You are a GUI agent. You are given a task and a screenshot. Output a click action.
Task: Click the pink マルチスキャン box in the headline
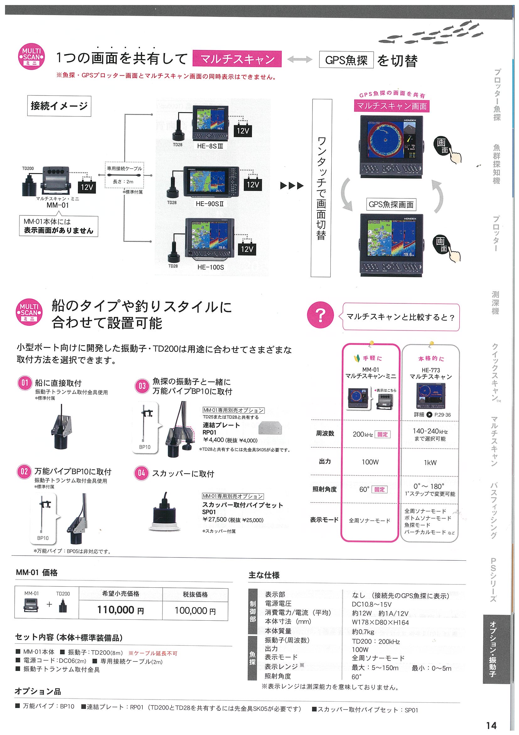coord(237,59)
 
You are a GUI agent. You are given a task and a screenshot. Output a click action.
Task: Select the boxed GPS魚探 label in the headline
coord(346,60)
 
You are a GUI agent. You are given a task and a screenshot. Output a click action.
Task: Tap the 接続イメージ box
coord(59,106)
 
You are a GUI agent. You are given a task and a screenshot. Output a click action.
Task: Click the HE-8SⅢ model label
coord(210,146)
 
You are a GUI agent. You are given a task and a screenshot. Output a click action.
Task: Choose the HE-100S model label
coord(211,267)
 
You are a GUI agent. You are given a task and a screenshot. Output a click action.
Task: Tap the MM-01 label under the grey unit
coord(57,205)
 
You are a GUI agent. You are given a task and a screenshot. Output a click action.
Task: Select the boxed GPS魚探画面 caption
coord(391,204)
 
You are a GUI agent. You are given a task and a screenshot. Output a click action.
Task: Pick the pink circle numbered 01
coord(24,383)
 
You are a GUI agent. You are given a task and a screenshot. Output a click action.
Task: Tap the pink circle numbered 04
coord(142,473)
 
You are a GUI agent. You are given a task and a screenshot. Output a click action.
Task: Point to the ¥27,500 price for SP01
coord(215,520)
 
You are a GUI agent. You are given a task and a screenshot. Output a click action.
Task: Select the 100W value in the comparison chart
coord(370,462)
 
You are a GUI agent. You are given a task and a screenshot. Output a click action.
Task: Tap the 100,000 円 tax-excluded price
coord(195,611)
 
